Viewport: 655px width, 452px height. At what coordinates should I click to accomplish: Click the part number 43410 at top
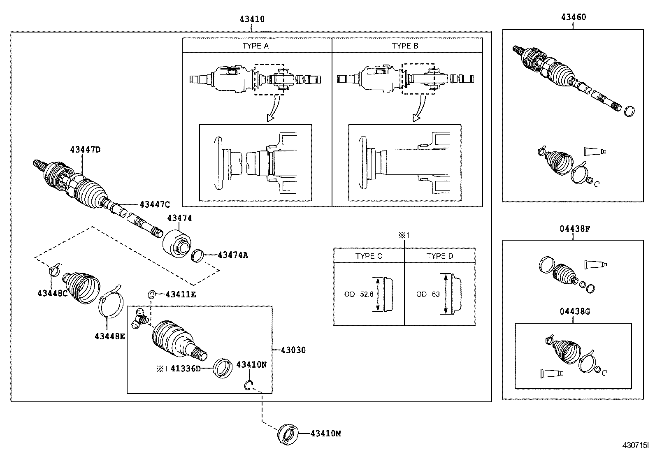click(252, 19)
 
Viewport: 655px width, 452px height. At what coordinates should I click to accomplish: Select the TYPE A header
click(255, 46)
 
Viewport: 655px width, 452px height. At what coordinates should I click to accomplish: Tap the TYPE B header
click(405, 46)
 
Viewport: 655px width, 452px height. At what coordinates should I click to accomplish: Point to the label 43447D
click(85, 150)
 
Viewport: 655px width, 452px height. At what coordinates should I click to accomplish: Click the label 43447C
click(154, 204)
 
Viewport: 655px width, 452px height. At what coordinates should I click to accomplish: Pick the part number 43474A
click(232, 255)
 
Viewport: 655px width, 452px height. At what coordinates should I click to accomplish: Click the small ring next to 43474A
click(198, 255)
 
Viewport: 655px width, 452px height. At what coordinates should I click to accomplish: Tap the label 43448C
click(52, 293)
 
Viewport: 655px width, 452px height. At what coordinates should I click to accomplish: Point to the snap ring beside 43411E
click(151, 294)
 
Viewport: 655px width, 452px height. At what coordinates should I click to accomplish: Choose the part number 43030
click(293, 350)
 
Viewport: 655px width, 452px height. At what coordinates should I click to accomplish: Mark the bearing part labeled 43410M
click(287, 433)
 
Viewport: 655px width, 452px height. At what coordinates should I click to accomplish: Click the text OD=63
click(428, 294)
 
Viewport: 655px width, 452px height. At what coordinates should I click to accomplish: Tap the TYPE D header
click(439, 256)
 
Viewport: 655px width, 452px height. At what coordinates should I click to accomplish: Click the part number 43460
click(574, 17)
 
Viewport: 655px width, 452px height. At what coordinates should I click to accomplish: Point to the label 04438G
click(574, 312)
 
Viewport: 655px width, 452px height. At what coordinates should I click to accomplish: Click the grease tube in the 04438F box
click(595, 264)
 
